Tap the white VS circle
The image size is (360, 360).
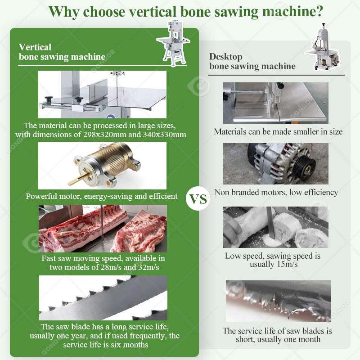click(x=198, y=199)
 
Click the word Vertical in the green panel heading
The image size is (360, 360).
click(x=35, y=47)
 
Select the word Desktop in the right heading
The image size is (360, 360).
click(x=226, y=57)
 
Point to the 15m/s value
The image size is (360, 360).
click(x=287, y=264)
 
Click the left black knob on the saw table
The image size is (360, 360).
click(x=49, y=99)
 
